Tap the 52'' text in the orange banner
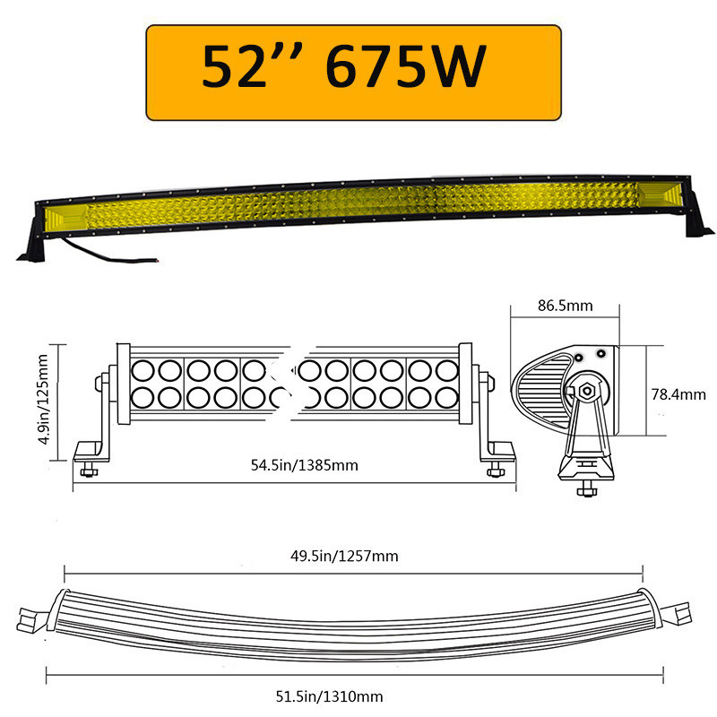[x=253, y=68]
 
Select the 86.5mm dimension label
[x=565, y=306]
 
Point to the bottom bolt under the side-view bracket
[x=585, y=488]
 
